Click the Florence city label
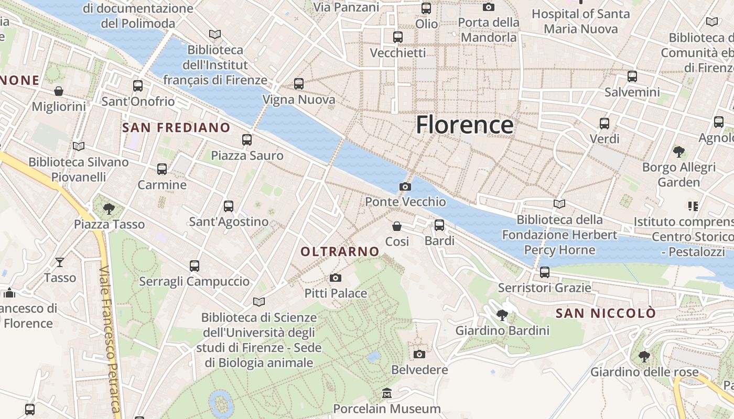click(465, 125)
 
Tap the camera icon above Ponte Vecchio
click(405, 186)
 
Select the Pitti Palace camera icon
click(336, 278)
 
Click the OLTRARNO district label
click(340, 251)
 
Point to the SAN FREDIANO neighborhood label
click(176, 127)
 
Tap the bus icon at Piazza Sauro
click(247, 140)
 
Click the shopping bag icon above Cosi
click(397, 226)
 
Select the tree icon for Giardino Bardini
click(502, 315)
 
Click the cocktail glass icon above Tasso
click(60, 262)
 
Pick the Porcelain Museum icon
click(387, 393)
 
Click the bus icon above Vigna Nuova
click(299, 84)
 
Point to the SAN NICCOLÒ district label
click(606, 313)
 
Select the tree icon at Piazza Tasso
click(109, 209)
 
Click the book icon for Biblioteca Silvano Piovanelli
click(79, 146)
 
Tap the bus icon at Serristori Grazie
click(545, 272)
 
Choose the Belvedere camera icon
click(419, 355)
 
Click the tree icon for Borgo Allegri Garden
click(679, 152)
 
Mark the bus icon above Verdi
click(605, 124)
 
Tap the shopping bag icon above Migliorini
click(59, 91)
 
